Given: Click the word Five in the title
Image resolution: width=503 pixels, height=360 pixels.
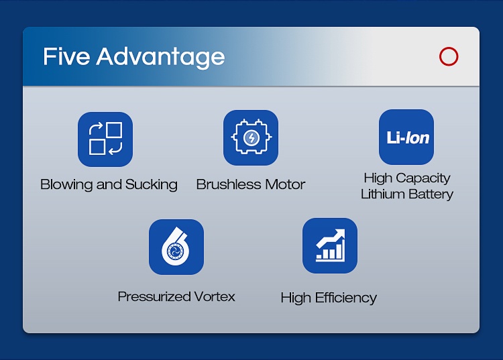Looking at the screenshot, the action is (66, 56).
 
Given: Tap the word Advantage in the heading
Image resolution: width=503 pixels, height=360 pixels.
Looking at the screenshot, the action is (160, 58).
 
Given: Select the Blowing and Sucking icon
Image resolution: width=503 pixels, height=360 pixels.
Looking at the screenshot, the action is (105, 139).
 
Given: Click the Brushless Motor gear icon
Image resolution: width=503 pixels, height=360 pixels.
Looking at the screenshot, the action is (251, 137).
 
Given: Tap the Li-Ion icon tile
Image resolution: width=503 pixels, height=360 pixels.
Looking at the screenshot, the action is (406, 137).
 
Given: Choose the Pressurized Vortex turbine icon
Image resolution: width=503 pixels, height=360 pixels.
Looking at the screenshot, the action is (176, 247).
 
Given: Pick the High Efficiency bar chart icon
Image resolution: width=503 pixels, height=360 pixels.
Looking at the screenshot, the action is (330, 245).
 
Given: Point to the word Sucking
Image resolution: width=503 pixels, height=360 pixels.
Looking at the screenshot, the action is (151, 184).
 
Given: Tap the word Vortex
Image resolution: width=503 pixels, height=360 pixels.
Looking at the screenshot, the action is (215, 296).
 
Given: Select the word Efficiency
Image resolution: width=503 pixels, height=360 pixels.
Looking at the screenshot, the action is (346, 298).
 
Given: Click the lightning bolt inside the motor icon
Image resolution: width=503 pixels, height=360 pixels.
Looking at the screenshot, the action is (251, 138).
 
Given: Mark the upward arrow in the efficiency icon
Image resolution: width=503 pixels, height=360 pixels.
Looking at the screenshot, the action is (331, 239).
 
